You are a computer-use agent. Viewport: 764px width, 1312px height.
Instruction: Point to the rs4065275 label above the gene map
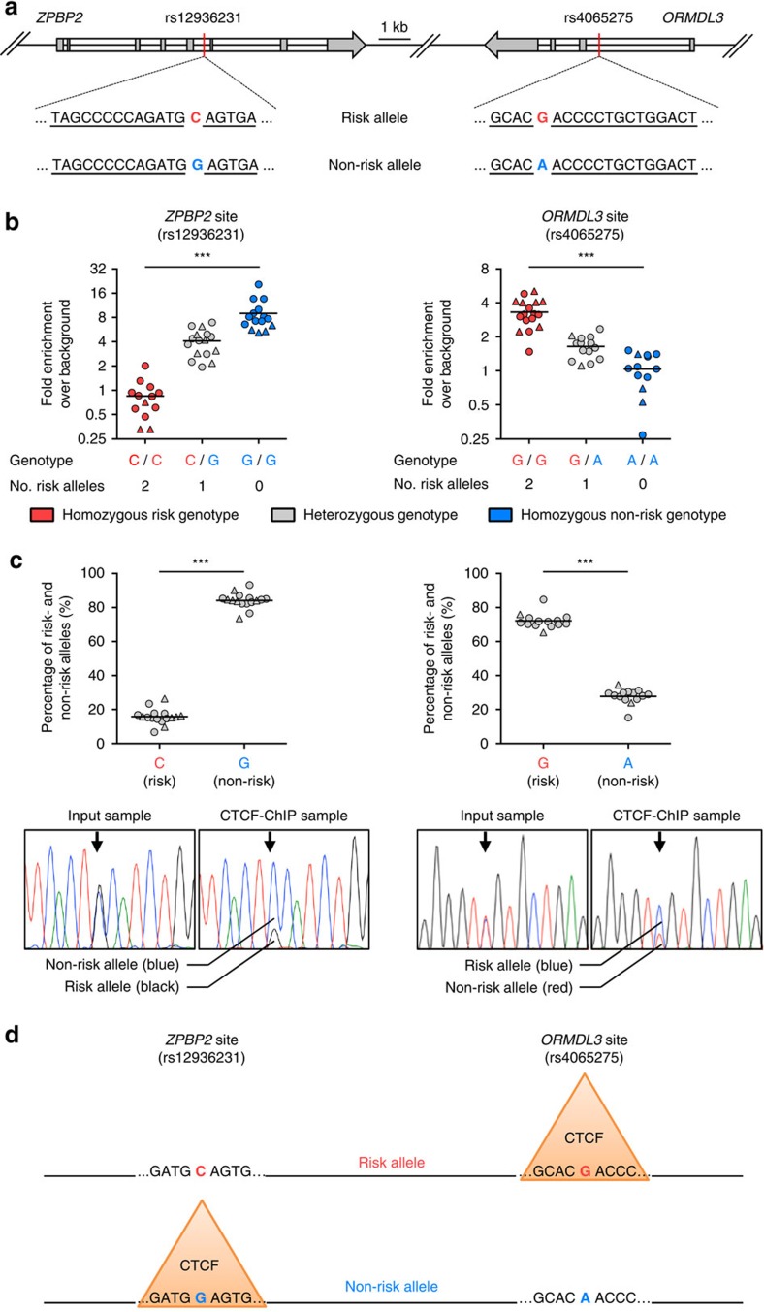tap(599, 17)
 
